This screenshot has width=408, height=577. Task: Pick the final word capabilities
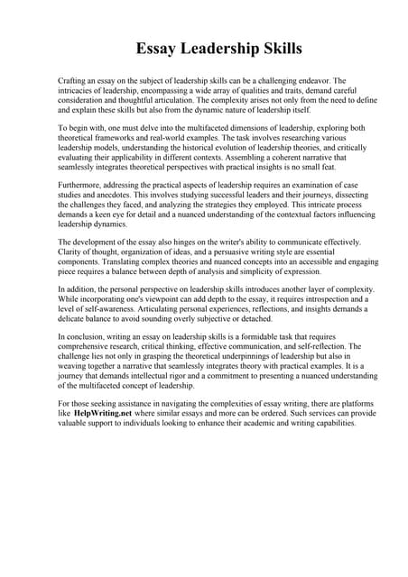(x=331, y=423)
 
